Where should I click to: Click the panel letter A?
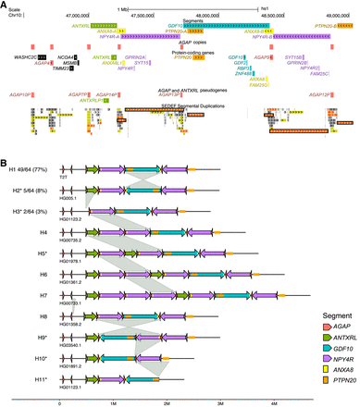[x=4, y=5]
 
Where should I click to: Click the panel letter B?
[x=4, y=162]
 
